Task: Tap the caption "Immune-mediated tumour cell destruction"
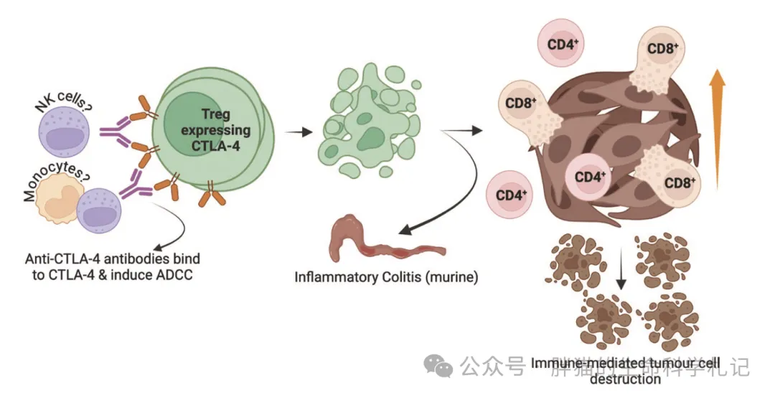624,370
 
